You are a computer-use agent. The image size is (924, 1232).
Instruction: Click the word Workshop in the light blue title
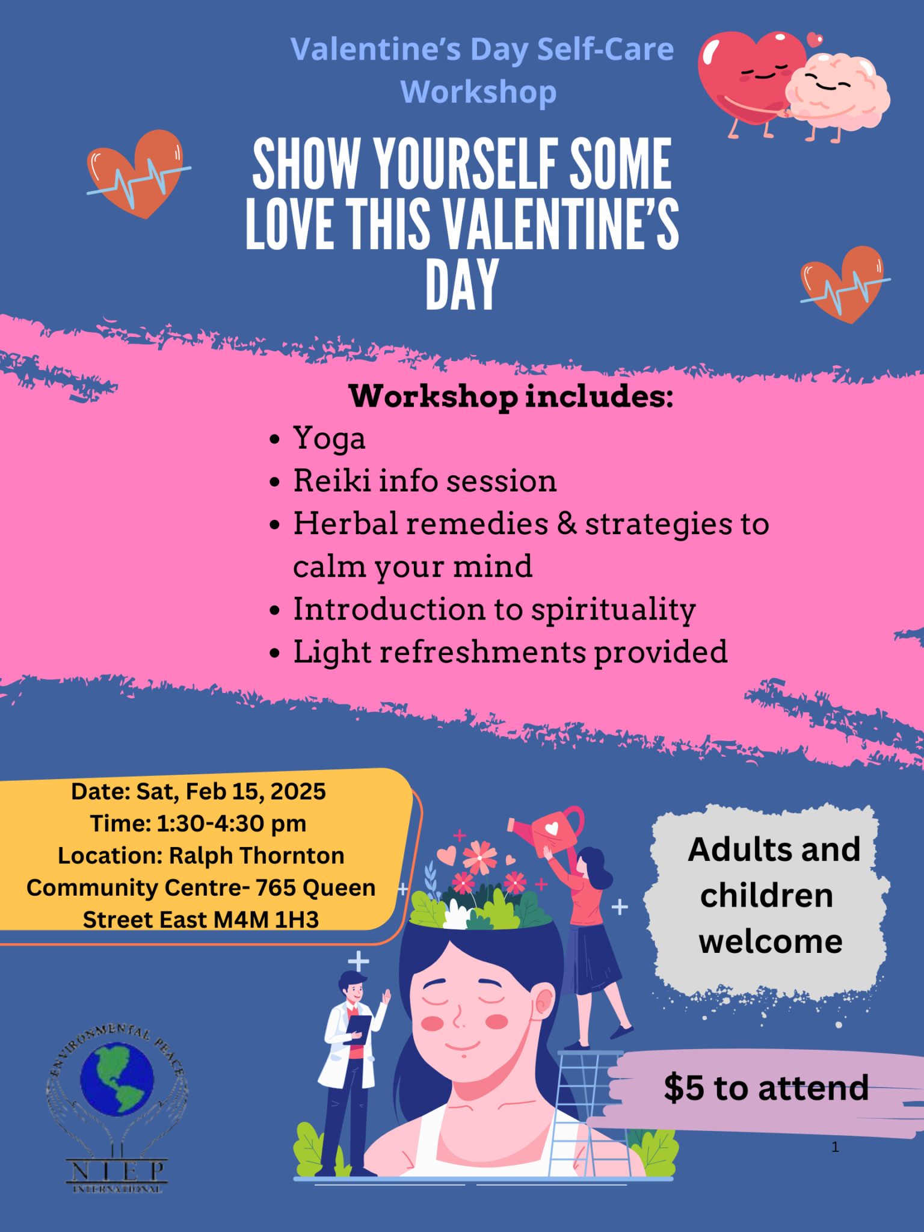click(478, 93)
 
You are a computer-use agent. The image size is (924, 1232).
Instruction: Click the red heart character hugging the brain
click(749, 75)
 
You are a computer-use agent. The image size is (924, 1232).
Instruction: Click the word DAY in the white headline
click(462, 285)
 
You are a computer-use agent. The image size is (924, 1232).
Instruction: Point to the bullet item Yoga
click(329, 439)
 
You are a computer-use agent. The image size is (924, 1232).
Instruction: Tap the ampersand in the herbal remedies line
click(567, 523)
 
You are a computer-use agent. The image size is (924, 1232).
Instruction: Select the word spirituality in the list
click(613, 609)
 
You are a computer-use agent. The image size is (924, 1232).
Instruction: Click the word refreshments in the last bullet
click(482, 652)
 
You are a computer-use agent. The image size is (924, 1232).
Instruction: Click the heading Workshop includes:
click(511, 396)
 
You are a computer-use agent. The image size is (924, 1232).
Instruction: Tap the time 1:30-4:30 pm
click(231, 824)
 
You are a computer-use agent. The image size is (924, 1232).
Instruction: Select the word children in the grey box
click(766, 896)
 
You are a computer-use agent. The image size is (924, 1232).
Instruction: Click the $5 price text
click(683, 1088)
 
